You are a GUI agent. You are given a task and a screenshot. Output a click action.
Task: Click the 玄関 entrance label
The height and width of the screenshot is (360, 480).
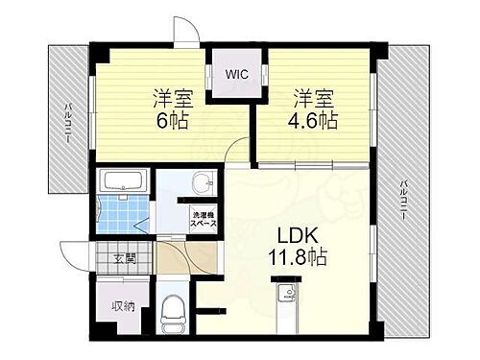coord(125,257)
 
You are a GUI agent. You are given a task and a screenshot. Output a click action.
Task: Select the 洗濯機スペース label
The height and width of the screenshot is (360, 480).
coord(203,218)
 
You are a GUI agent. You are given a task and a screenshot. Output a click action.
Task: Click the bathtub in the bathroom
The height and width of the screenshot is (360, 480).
coord(122,181)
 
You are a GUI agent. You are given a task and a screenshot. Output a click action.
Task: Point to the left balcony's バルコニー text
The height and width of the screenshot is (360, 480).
coord(68,122)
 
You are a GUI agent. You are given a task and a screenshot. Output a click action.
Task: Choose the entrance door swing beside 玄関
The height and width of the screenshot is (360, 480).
coord(77,252)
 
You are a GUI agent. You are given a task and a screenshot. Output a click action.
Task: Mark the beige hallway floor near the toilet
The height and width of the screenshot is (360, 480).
coord(173,256)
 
